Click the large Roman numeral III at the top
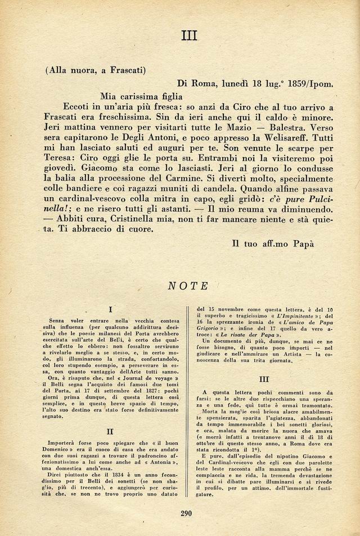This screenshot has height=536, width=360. [188, 36]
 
